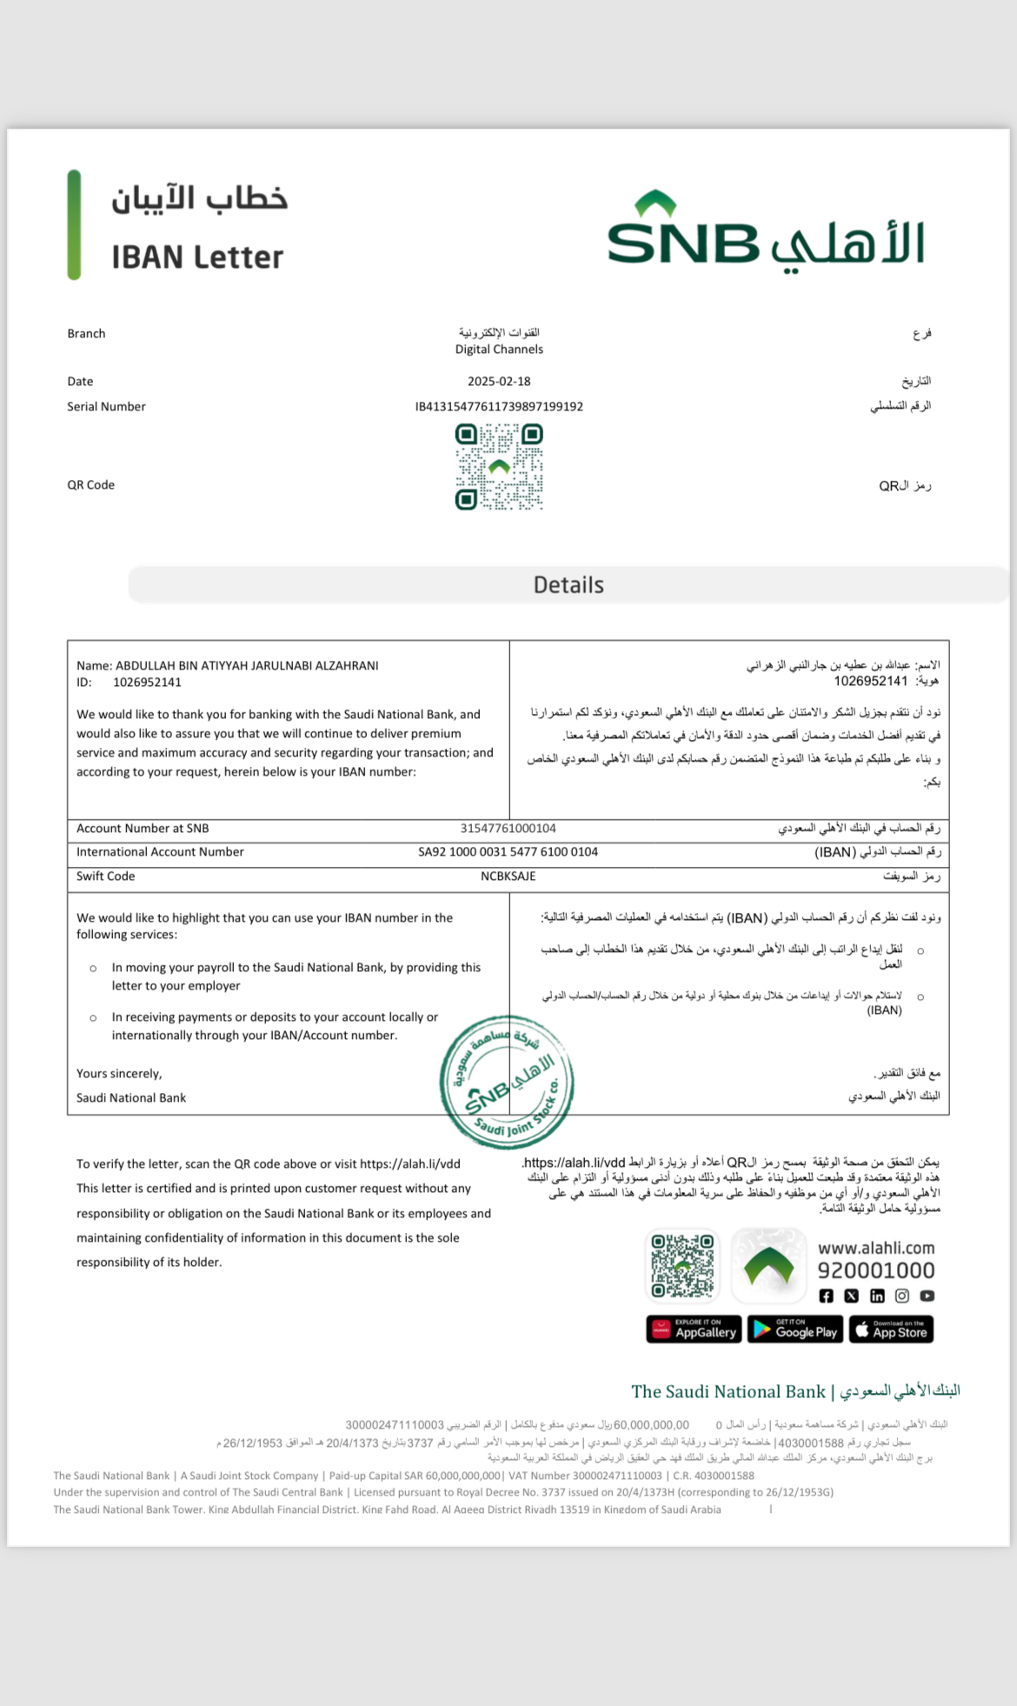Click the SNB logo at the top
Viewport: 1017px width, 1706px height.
click(765, 231)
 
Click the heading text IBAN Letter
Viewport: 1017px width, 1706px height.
click(197, 257)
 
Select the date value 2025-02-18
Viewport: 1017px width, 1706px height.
click(499, 382)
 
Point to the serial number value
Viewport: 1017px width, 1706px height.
click(499, 407)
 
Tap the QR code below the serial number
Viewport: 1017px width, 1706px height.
click(499, 467)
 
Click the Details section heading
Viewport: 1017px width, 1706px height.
click(568, 585)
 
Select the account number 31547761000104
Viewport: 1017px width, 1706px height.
click(508, 829)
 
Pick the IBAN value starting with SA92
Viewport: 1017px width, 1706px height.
click(508, 852)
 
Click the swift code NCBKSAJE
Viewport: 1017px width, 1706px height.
click(508, 876)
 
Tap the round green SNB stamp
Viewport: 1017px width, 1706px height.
click(507, 1082)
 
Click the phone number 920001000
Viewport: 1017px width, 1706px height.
click(876, 1271)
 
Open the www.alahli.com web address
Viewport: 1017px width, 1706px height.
click(876, 1249)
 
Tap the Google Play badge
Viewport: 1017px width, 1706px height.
click(794, 1329)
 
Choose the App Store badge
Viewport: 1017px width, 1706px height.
click(891, 1329)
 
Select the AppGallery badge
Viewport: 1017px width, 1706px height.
click(694, 1329)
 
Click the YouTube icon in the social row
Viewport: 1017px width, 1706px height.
click(927, 1296)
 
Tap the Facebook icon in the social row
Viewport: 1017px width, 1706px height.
click(826, 1296)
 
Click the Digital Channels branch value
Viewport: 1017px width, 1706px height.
click(499, 350)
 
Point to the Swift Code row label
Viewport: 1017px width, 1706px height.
click(105, 876)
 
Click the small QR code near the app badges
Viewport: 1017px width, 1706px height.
click(683, 1265)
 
